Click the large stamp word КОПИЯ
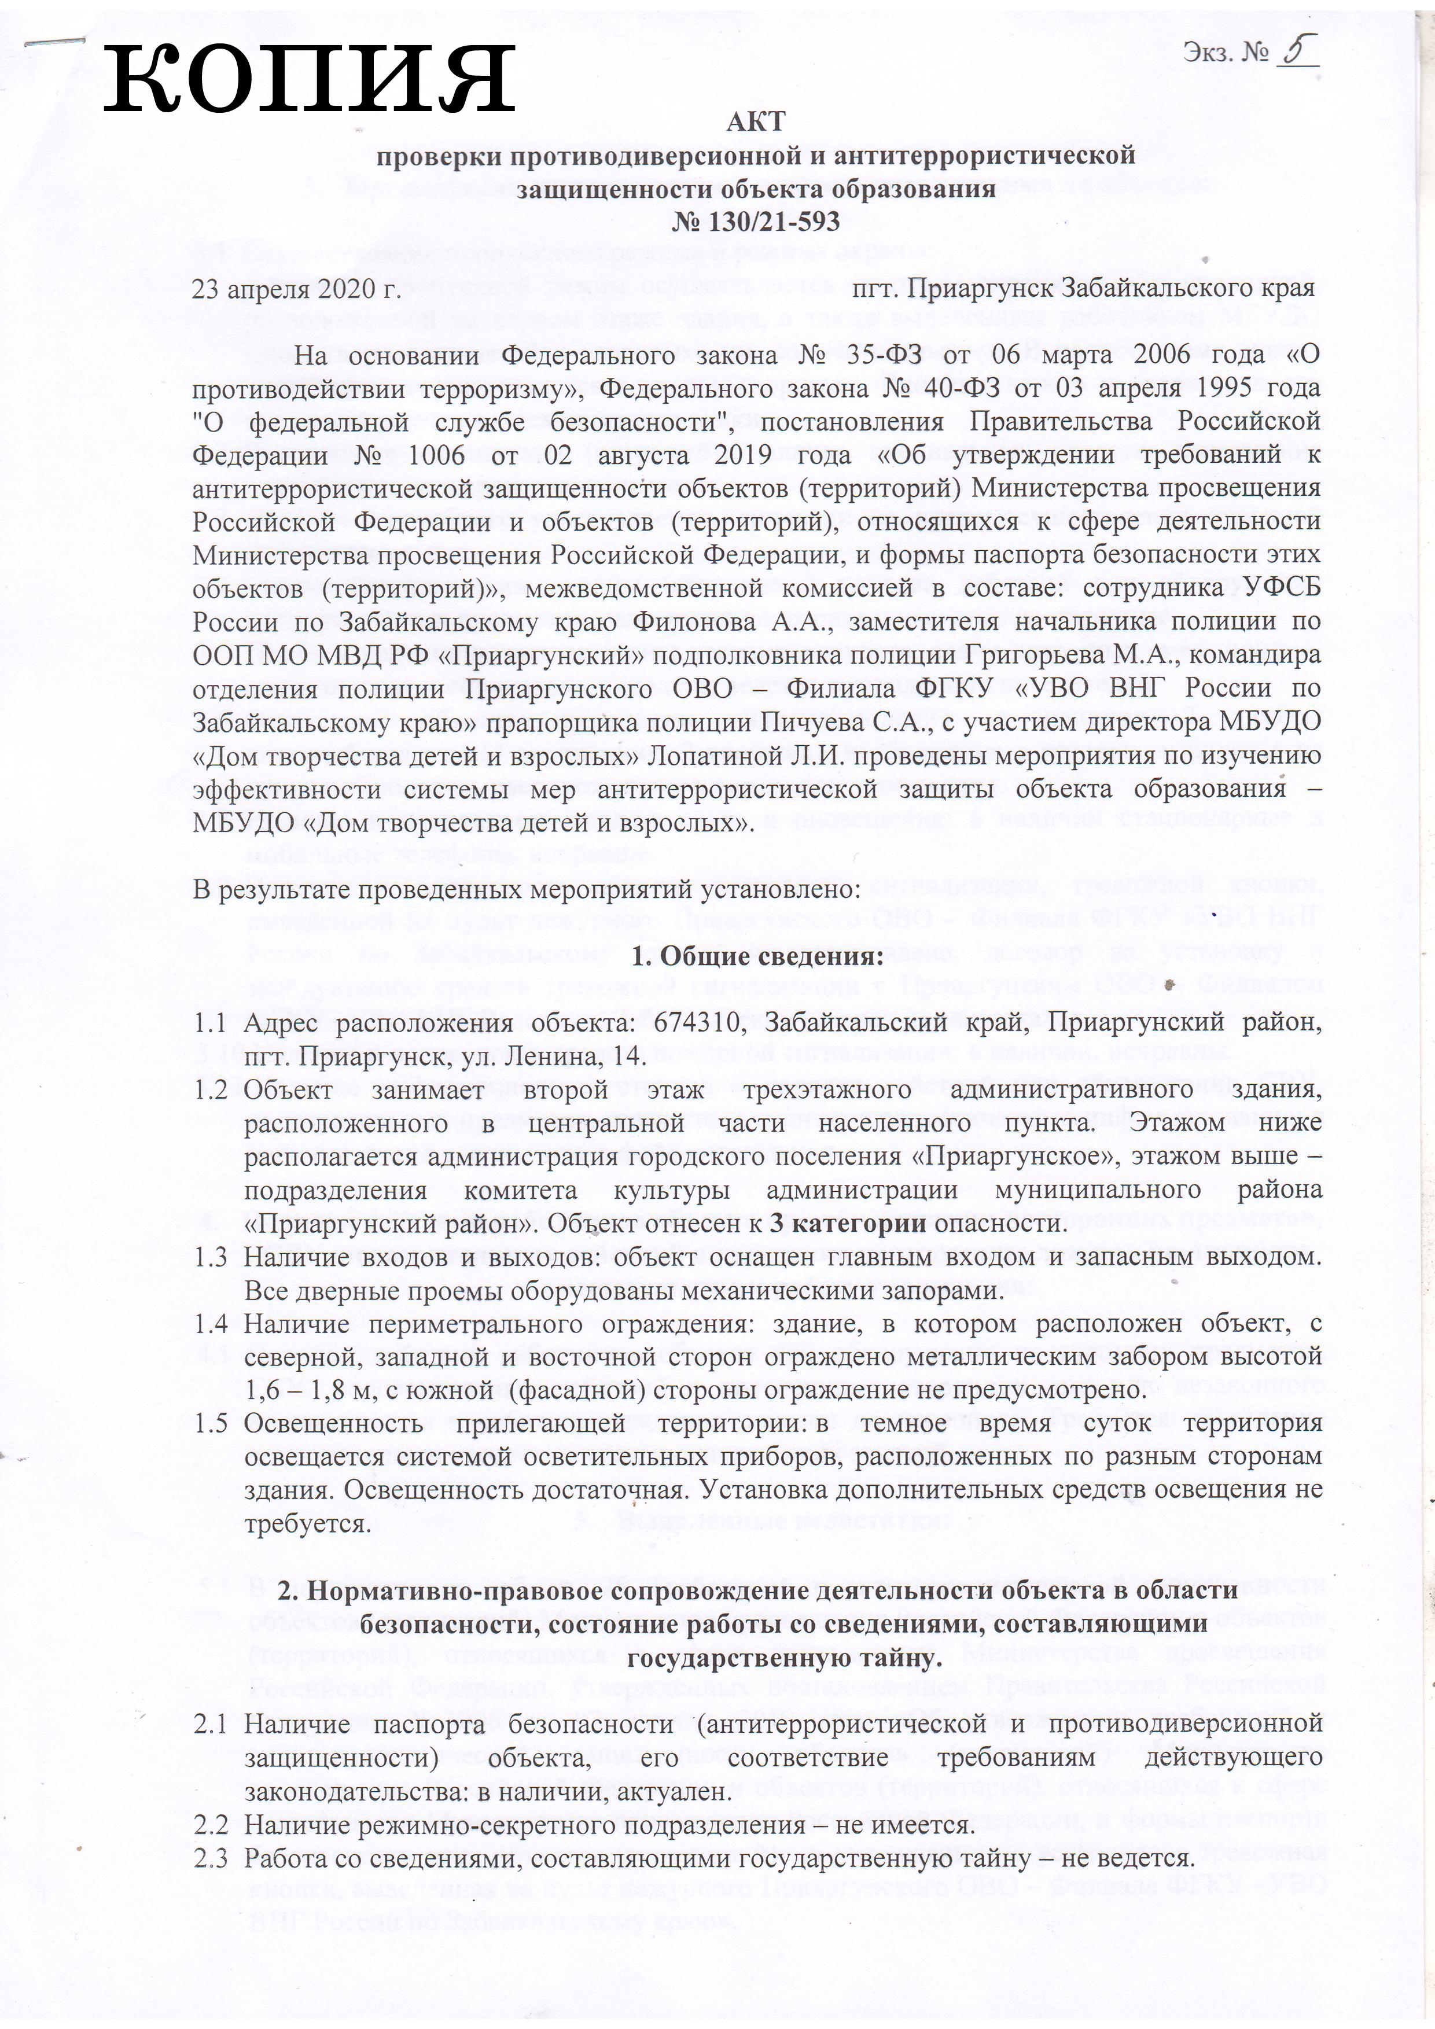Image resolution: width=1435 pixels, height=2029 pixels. [x=309, y=79]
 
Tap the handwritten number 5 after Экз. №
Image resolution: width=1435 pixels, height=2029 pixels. [x=1296, y=52]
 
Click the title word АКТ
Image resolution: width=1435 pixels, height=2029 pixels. [x=756, y=122]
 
